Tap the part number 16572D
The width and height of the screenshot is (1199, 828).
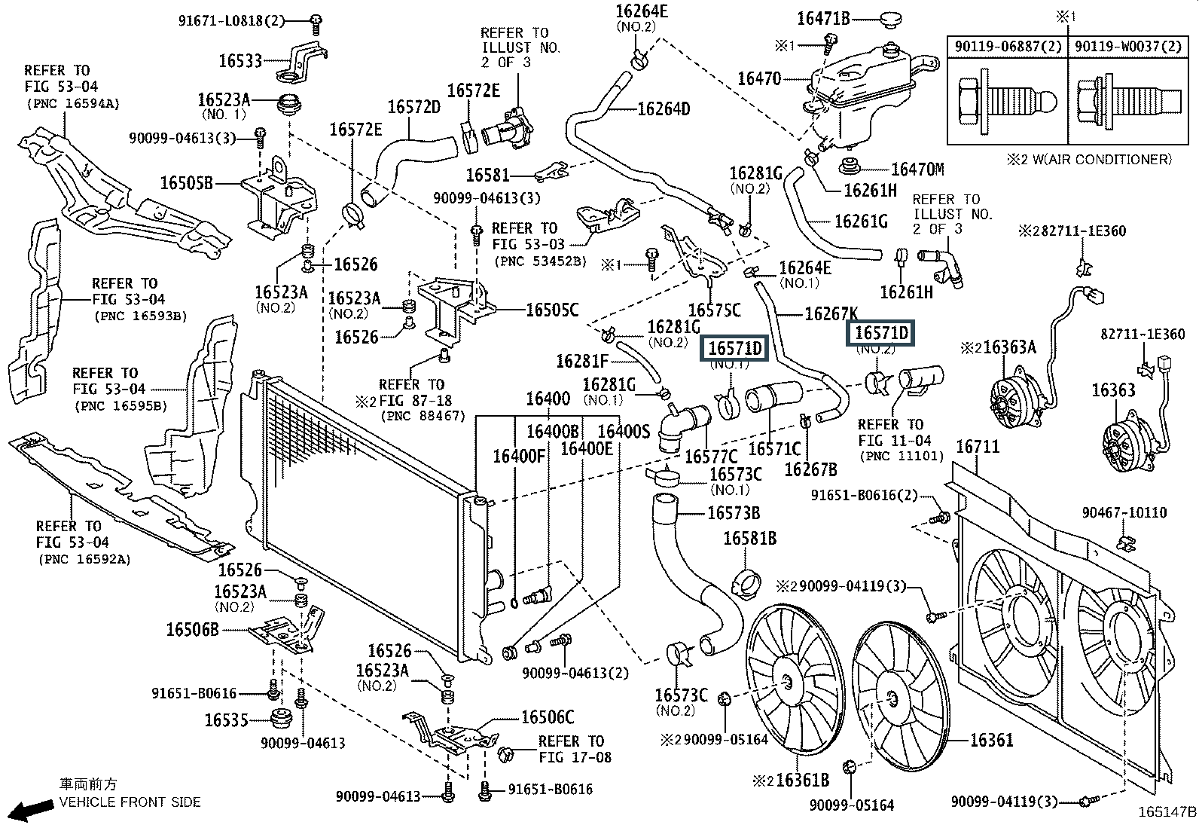pos(413,108)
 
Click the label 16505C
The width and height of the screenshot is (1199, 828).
pos(551,309)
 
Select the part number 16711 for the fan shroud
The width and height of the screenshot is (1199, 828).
pos(978,447)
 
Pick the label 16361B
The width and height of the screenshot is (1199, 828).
pos(802,781)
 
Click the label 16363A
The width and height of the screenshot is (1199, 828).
pos(1009,347)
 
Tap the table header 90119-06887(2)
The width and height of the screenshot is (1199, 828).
pos(1008,46)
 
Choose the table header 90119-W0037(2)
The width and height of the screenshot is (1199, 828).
pos(1128,46)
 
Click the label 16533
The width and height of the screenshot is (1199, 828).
pos(240,61)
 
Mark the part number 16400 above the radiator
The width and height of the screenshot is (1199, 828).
pos(548,399)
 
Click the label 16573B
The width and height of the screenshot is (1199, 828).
pos(734,514)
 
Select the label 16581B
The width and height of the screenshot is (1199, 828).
pos(749,539)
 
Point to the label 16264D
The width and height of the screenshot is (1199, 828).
pos(663,109)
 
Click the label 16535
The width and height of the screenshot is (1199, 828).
pos(226,720)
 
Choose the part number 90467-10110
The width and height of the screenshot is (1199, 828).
pos(1124,512)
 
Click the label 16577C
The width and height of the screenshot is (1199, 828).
pos(711,457)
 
